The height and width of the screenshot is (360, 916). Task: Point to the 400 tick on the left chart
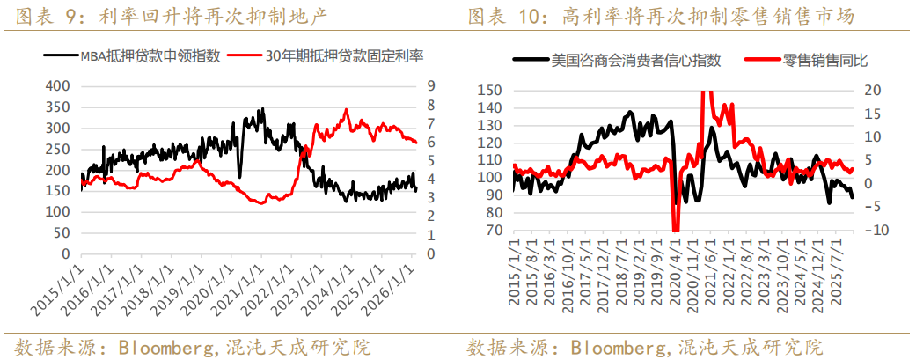(55, 86)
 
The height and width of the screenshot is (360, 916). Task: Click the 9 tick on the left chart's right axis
(431, 86)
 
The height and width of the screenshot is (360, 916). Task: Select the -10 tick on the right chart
(870, 231)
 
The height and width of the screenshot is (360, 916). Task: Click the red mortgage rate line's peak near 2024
(346, 110)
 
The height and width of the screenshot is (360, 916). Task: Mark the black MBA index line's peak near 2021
(262, 109)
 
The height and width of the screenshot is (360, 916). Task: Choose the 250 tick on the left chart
(55, 149)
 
